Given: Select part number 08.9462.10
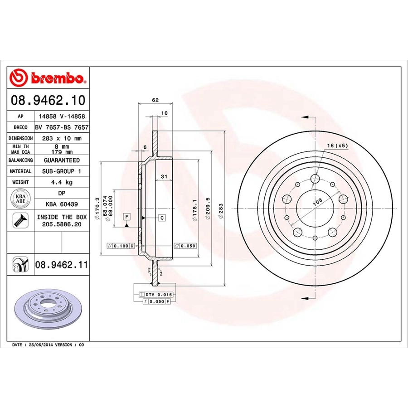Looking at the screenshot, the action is point(48,101).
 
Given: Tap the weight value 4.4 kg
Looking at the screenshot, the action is point(62,182).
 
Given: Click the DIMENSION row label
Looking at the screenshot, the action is point(20,138).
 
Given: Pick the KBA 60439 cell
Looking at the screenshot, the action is point(62,204).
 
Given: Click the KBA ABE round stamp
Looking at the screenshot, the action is point(20,199).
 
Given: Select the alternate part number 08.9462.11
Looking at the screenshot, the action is point(61,265).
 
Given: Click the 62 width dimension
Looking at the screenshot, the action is point(155,100).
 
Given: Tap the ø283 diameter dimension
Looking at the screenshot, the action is point(221,211).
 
